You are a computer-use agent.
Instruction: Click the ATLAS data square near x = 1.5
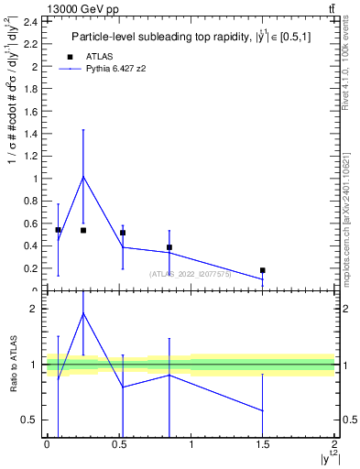pos(263,270)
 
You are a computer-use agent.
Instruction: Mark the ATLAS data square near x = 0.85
pos(169,247)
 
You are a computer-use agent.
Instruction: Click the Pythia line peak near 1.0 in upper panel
pos(83,177)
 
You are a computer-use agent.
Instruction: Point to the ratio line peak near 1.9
pos(83,313)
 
